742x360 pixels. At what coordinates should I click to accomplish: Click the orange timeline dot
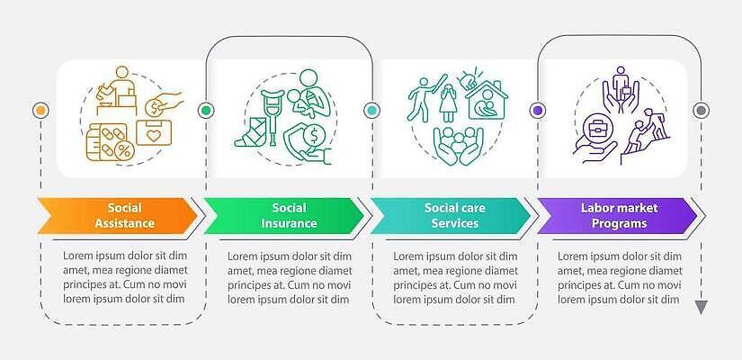[40, 111]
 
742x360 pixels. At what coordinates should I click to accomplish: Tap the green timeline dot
[206, 111]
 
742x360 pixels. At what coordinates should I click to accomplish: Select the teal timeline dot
[372, 111]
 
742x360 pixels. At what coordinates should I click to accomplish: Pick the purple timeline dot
[537, 111]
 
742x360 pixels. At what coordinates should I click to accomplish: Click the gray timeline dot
[701, 111]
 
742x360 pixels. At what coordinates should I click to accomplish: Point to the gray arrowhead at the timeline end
[701, 307]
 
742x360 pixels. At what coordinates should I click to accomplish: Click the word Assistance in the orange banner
[124, 223]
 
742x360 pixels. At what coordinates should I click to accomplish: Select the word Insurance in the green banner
[289, 223]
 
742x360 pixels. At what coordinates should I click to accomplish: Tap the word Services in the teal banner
[455, 223]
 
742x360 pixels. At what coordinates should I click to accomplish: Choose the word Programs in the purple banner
[619, 223]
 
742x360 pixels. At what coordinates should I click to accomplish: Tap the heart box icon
[154, 132]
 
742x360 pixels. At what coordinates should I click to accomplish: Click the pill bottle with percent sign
[111, 142]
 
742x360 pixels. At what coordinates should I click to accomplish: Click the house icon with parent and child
[486, 99]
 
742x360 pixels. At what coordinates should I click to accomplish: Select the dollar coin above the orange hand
[155, 109]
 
